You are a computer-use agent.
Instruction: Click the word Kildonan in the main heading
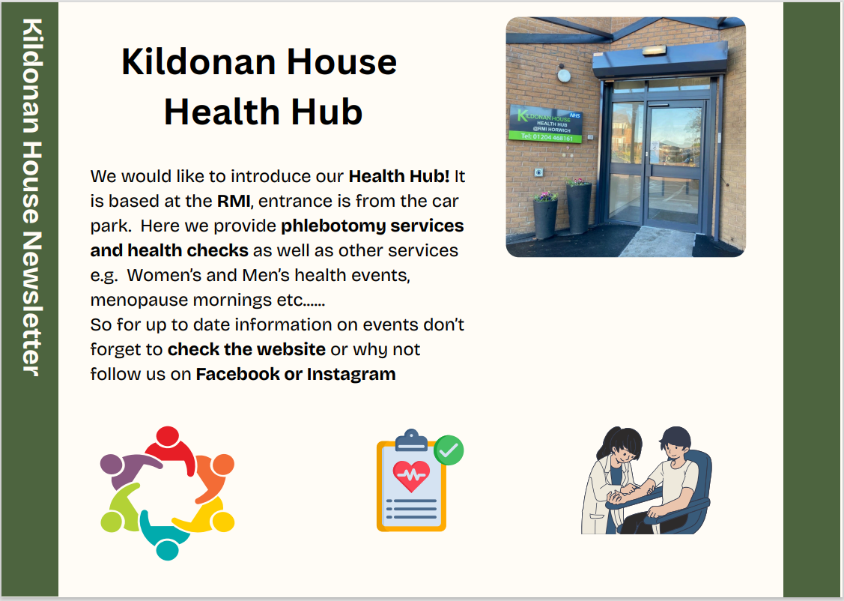pos(198,61)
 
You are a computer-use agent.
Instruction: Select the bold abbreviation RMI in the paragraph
pos(234,201)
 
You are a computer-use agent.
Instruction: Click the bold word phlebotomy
pos(333,226)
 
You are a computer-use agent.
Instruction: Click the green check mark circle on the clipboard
pos(449,450)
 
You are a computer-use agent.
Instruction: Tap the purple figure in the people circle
pos(127,466)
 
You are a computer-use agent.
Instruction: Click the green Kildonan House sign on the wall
pos(546,124)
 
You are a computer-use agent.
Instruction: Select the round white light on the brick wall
pos(564,76)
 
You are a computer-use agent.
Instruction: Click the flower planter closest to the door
pos(579,206)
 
